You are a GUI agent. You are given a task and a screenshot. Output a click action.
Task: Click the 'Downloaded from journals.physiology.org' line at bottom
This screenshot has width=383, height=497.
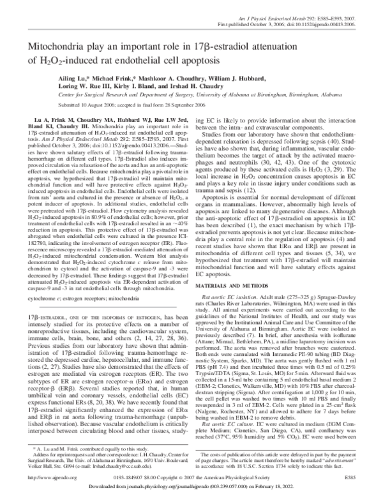tap(191, 488)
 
